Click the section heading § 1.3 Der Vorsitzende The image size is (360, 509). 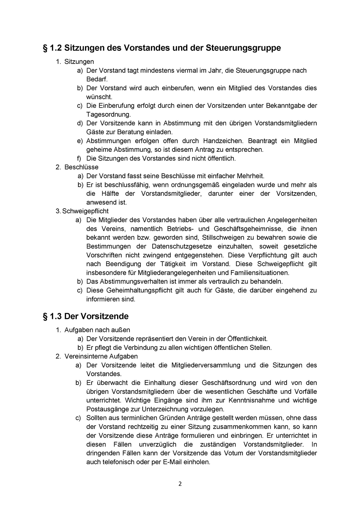[86, 316]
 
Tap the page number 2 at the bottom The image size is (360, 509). [180, 484]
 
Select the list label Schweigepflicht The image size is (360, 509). [85, 211]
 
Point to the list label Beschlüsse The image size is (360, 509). [81, 167]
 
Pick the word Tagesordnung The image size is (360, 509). [108, 114]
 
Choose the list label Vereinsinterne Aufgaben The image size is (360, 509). [101, 356]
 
